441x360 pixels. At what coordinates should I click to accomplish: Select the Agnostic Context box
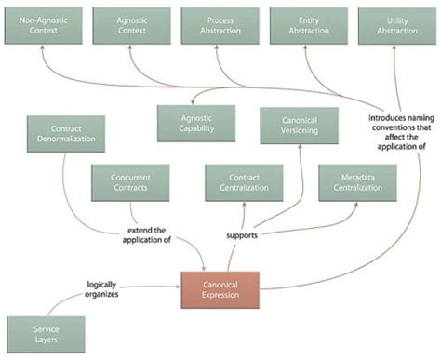[130, 25]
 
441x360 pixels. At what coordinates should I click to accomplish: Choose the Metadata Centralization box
[356, 182]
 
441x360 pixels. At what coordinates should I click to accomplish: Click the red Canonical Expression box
[220, 290]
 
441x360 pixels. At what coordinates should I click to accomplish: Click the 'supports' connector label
[242, 236]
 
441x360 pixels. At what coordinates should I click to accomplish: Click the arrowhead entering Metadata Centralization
[356, 204]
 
